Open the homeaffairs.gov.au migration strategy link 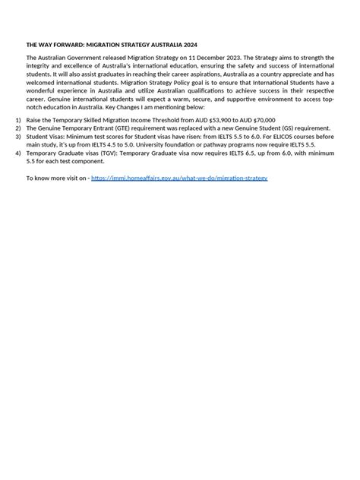178,178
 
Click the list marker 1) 18,120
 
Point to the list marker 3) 18,137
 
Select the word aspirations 194,74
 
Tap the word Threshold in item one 174,120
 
